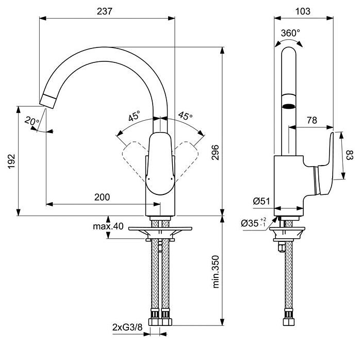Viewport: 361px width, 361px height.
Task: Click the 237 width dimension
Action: tap(108, 11)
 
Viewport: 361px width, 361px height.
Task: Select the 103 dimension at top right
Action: tap(303, 11)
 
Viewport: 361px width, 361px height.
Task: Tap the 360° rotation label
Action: tap(290, 33)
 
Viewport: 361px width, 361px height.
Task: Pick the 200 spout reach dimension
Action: tap(102, 197)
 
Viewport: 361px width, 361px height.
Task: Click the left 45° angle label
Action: tap(135, 117)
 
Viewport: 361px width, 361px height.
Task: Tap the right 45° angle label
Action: tap(185, 116)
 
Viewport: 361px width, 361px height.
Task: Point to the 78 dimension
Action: tap(311, 120)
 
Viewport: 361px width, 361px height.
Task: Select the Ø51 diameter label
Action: tap(262, 202)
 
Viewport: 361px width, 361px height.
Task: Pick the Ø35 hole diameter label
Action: tap(253, 223)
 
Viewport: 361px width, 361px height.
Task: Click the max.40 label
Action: tap(108, 226)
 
